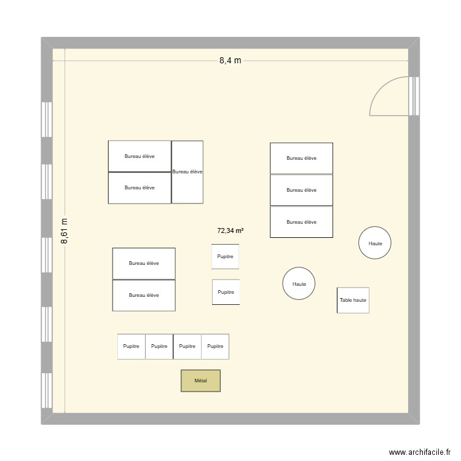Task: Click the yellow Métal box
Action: [200, 381]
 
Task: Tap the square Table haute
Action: [353, 300]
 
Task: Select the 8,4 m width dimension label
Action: [230, 60]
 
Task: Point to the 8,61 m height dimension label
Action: [65, 232]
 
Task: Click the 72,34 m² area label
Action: [230, 230]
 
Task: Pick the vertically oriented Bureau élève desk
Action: [187, 172]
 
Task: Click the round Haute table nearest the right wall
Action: [375, 243]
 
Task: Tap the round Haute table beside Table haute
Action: [299, 284]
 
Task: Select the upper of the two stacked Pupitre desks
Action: [225, 256]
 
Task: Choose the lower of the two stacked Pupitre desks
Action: [226, 292]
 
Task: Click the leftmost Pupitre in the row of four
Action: [131, 346]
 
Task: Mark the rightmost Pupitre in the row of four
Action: [215, 346]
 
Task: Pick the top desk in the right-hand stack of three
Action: [301, 158]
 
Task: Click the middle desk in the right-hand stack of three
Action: [301, 190]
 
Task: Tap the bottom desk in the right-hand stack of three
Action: [301, 222]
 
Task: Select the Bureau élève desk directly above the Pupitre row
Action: [144, 295]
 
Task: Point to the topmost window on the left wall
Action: [45, 119]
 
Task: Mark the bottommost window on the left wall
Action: [45, 392]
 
